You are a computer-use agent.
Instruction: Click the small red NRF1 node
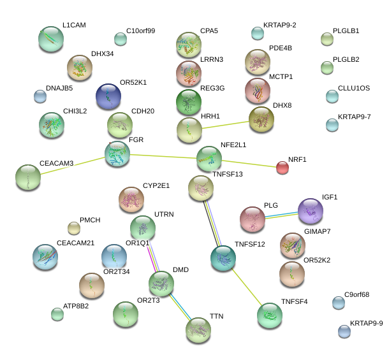pyautogui.click(x=283, y=168)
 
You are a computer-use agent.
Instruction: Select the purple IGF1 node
pyautogui.click(x=311, y=211)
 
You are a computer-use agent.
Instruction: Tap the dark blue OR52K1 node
pyautogui.click(x=108, y=96)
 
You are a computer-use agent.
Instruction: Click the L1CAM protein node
pyautogui.click(x=51, y=40)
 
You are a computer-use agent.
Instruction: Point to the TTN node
pyautogui.click(x=198, y=329)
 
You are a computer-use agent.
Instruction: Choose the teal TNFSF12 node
pyautogui.click(x=223, y=257)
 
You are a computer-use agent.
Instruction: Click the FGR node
pyautogui.click(x=117, y=154)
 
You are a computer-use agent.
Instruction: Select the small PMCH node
pyautogui.click(x=74, y=227)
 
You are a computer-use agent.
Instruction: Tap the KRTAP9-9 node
pyautogui.click(x=344, y=331)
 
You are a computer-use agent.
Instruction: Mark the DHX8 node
pyautogui.click(x=261, y=119)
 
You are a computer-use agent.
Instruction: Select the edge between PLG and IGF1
pyautogui.click(x=282, y=215)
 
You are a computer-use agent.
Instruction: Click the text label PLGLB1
pyautogui.click(x=346, y=31)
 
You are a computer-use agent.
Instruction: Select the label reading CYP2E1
pyautogui.click(x=156, y=185)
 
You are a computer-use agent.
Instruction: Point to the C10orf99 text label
pyautogui.click(x=140, y=31)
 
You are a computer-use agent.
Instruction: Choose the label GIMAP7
pyautogui.click(x=317, y=231)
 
